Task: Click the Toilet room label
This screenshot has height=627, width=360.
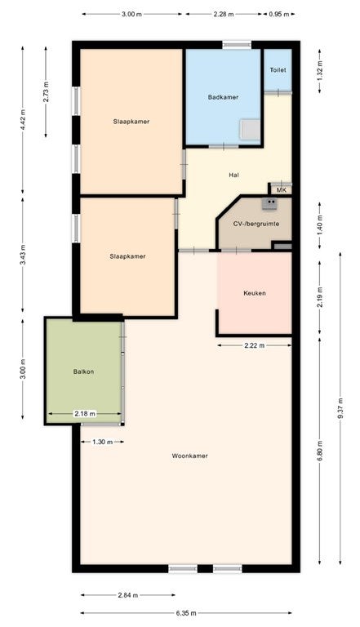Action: pyautogui.click(x=278, y=70)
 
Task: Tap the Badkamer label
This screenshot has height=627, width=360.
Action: pyautogui.click(x=223, y=97)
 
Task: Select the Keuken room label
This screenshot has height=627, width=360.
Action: pyautogui.click(x=255, y=293)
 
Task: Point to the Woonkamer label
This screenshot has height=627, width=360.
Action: pyautogui.click(x=189, y=456)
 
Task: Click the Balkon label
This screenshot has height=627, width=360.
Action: pyautogui.click(x=83, y=371)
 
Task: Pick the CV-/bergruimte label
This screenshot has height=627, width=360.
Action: pyautogui.click(x=256, y=224)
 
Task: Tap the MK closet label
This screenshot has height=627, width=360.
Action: pyautogui.click(x=281, y=190)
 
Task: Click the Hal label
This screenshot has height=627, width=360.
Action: pyautogui.click(x=234, y=175)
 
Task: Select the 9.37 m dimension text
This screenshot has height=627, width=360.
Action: pyautogui.click(x=340, y=408)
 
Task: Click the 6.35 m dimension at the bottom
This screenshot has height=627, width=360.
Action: pyautogui.click(x=186, y=613)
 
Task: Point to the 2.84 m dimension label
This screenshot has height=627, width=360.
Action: pyautogui.click(x=128, y=595)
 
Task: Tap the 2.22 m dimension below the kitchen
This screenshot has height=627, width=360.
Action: pyautogui.click(x=255, y=345)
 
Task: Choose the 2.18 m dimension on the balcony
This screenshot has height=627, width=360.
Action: pyautogui.click(x=85, y=414)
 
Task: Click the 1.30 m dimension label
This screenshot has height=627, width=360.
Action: pyautogui.click(x=102, y=442)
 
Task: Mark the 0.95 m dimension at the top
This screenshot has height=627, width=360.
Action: pyautogui.click(x=279, y=14)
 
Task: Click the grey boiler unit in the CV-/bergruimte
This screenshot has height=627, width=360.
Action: pyautogui.click(x=269, y=204)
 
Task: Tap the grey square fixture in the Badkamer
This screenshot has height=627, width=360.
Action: pyautogui.click(x=251, y=130)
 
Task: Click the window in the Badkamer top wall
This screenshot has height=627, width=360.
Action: pyautogui.click(x=237, y=44)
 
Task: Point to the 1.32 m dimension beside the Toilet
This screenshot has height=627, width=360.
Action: pyautogui.click(x=320, y=71)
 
